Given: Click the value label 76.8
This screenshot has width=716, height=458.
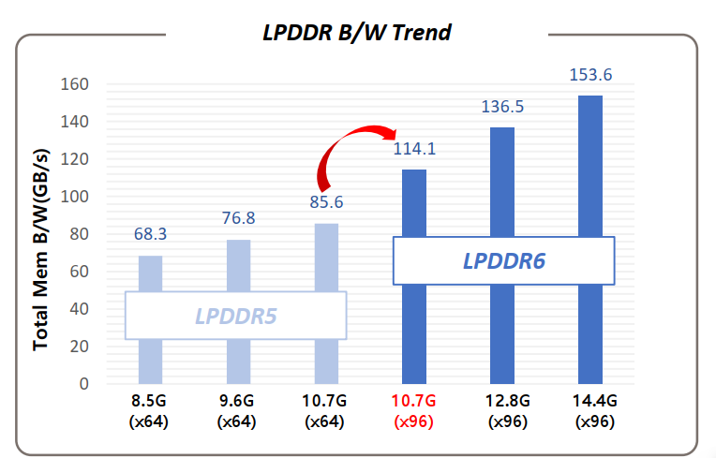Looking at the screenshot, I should tap(239, 218).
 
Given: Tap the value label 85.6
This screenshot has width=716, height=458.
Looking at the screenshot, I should tap(327, 201).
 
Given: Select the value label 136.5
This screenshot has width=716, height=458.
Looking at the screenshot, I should tap(502, 107).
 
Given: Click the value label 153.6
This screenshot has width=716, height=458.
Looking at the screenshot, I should tap(590, 75).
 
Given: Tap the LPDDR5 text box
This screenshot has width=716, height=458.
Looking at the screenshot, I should tap(236, 316).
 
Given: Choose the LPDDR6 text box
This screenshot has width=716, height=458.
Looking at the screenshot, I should tap(503, 260).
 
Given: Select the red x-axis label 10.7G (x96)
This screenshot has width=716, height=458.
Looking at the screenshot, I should tap(414, 411).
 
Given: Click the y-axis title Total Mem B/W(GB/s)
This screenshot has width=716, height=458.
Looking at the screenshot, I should tap(40, 248).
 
